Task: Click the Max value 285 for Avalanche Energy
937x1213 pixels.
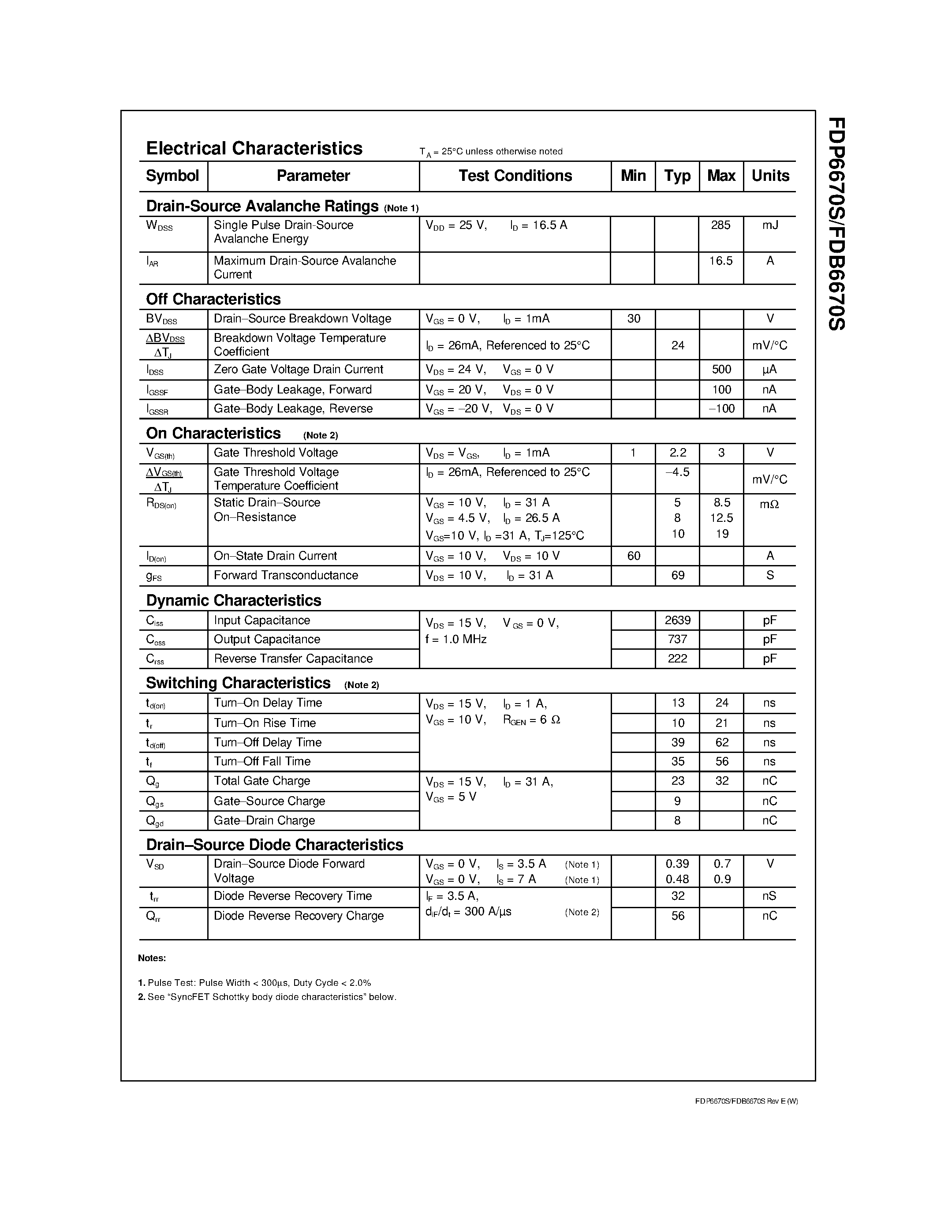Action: (x=720, y=225)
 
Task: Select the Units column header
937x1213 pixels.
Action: (x=770, y=176)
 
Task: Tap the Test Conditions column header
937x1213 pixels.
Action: (x=515, y=176)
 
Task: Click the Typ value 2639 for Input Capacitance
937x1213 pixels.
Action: (x=677, y=620)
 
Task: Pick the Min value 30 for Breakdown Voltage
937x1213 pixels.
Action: (x=633, y=318)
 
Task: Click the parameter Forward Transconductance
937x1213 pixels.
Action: (x=285, y=575)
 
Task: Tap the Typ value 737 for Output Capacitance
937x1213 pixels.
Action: (x=677, y=639)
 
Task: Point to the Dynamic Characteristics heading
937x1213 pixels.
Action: (x=233, y=600)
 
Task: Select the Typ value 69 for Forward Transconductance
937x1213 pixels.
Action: (x=677, y=575)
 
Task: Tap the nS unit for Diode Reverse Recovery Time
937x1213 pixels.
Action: (x=769, y=896)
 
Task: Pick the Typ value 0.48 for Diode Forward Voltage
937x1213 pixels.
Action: (x=677, y=879)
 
